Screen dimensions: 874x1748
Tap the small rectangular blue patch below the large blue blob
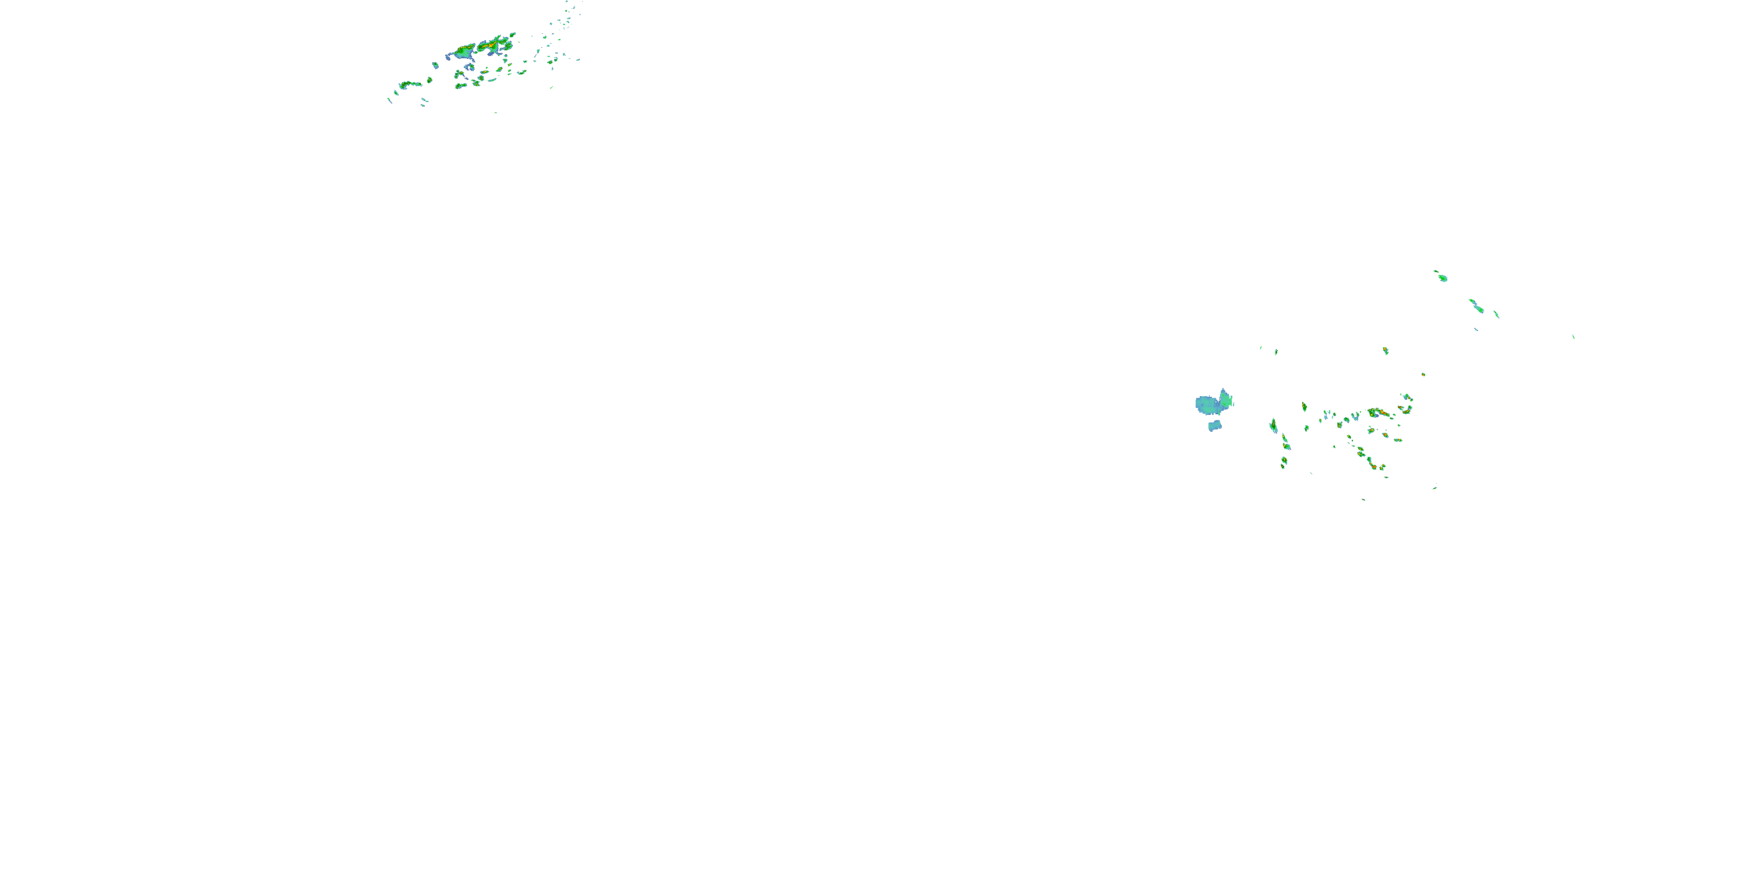point(1215,425)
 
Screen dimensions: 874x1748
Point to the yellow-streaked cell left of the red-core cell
point(466,50)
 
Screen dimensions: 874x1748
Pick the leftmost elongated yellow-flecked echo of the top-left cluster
point(409,84)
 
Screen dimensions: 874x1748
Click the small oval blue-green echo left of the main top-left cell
point(436,65)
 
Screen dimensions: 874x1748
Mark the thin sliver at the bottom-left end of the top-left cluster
point(389,100)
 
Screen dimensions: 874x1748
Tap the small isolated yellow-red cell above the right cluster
point(1385,351)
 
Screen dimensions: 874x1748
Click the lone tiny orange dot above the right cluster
point(1423,374)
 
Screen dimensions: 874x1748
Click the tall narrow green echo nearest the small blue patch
point(1274,425)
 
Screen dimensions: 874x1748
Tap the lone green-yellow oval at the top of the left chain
point(1304,407)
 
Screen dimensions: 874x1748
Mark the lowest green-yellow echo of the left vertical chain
point(1283,462)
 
